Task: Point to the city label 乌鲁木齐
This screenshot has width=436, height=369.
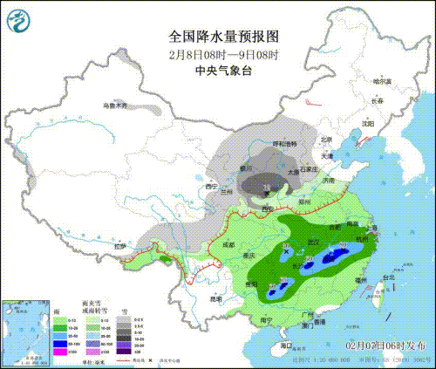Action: (x=115, y=106)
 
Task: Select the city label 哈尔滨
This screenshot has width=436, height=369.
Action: (x=384, y=81)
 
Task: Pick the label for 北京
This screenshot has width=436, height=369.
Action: (x=326, y=140)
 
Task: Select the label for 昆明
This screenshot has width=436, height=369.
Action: (x=226, y=299)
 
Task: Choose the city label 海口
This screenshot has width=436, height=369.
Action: (x=285, y=346)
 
